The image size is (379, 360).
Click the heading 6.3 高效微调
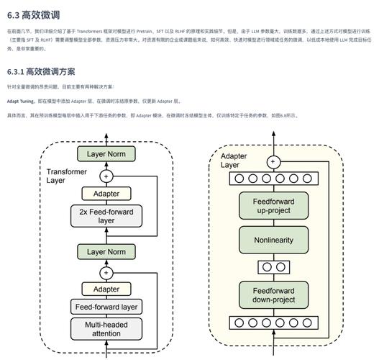[32, 15]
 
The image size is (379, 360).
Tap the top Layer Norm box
[106, 154]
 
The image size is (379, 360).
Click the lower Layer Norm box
[106, 252]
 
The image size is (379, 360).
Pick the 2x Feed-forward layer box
[106, 216]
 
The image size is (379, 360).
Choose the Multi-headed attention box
[106, 328]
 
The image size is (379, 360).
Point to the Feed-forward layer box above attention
[106, 307]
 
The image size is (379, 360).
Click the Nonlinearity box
[273, 240]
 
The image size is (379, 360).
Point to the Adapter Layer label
[234, 161]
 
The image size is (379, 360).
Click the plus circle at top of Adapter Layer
[273, 162]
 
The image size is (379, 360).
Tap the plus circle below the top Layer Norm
[106, 175]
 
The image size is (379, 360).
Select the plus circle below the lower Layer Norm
[106, 272]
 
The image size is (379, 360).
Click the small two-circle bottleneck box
[273, 266]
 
